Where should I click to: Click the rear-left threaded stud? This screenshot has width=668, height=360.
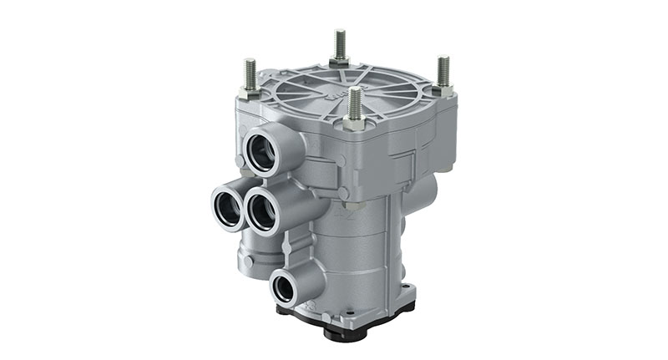point(250,74)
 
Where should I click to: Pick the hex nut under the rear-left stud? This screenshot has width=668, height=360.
point(250,91)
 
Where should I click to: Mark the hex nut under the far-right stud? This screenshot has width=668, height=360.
point(443,88)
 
